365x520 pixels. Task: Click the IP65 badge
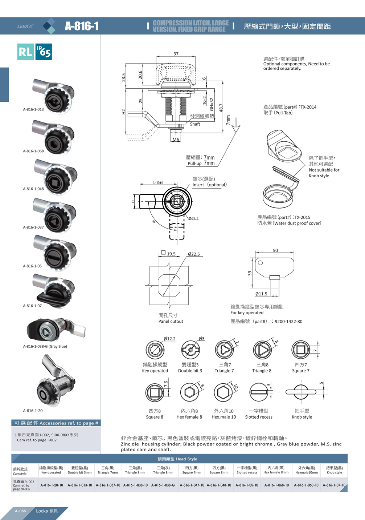tap(44, 52)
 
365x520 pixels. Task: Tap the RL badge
tap(25, 52)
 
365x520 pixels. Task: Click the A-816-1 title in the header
tap(82, 26)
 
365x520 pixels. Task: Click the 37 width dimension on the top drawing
tap(176, 54)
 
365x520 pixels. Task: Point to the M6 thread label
tap(176, 140)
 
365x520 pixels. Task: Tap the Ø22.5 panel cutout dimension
tap(194, 254)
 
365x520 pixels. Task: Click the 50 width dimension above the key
tap(275, 250)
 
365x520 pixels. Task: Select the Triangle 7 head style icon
tap(225, 350)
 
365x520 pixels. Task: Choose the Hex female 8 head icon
tap(189, 392)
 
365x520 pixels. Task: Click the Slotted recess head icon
tap(259, 392)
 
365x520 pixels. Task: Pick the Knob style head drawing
tap(301, 392)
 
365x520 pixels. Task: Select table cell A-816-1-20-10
tap(52, 485)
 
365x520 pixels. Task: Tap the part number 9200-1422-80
tap(288, 321)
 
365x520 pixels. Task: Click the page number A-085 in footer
tap(20, 511)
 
